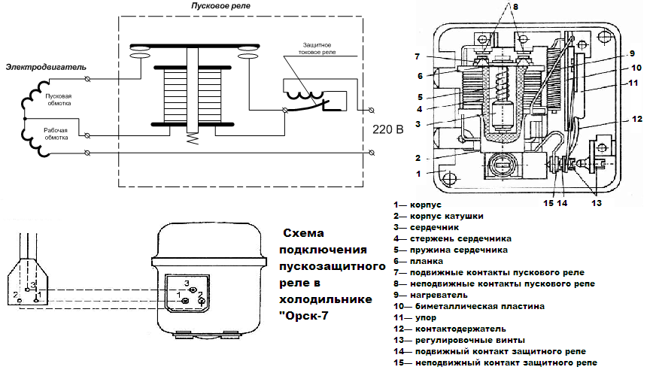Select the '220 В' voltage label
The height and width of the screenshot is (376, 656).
coord(388,129)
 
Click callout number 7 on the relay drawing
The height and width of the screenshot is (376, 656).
coord(416,56)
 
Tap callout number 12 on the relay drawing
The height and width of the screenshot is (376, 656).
coord(636,119)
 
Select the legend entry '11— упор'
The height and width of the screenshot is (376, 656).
coord(418,317)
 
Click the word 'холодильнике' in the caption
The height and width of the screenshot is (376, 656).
coord(326,299)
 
